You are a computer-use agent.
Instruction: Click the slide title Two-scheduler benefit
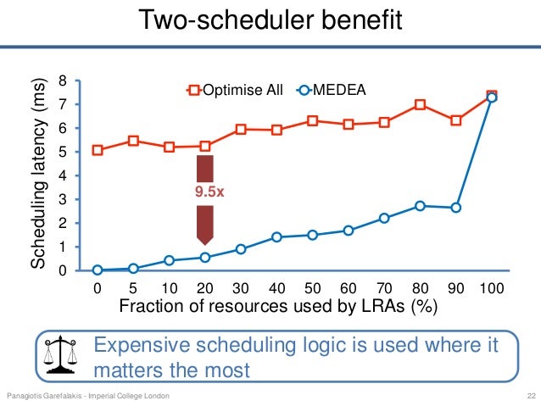tap(270, 20)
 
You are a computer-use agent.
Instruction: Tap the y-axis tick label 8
tap(62, 81)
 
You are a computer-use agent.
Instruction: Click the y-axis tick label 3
tap(62, 200)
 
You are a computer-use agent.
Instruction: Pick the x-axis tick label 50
tap(312, 288)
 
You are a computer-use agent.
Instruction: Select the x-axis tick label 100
tap(492, 288)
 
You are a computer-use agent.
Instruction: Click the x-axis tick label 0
tap(98, 288)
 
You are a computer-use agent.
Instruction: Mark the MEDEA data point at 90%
tap(456, 208)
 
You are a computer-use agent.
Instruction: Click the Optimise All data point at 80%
tap(420, 105)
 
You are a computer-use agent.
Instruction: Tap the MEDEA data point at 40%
tap(276, 237)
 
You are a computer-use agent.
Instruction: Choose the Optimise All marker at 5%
tap(133, 141)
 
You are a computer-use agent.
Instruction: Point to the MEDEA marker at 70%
tap(384, 218)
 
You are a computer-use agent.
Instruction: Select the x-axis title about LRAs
tap(279, 307)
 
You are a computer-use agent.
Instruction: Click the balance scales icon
tap(60, 353)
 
